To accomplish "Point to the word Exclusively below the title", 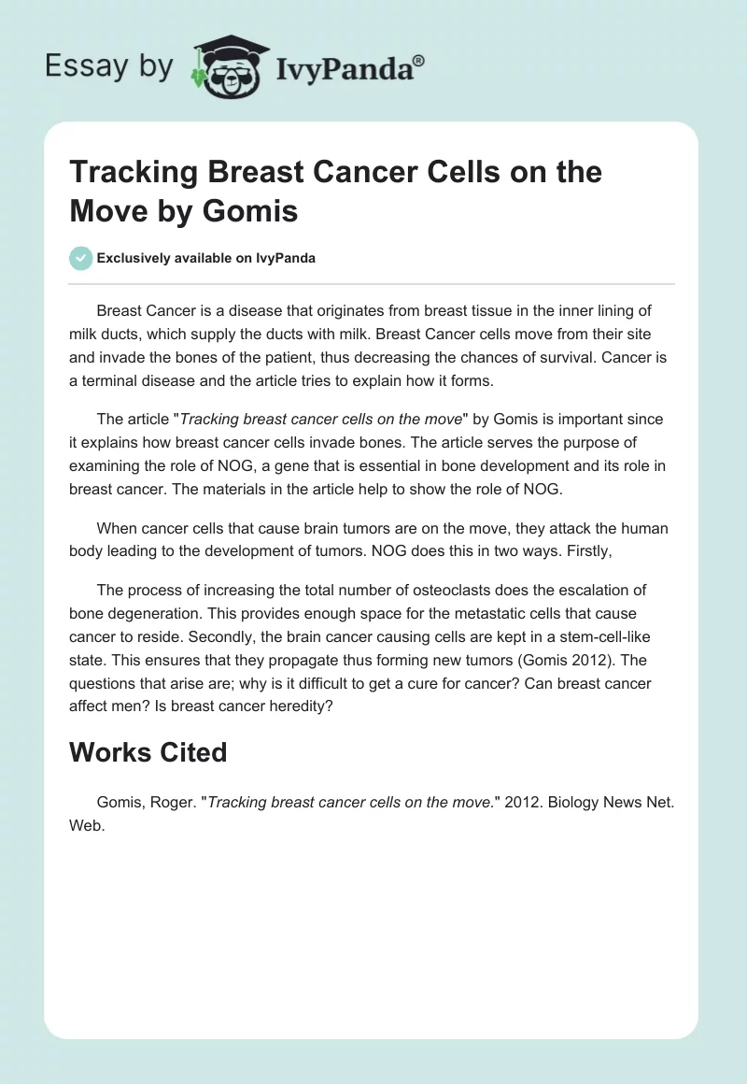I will [x=134, y=258].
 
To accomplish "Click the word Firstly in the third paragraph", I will [x=585, y=551].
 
